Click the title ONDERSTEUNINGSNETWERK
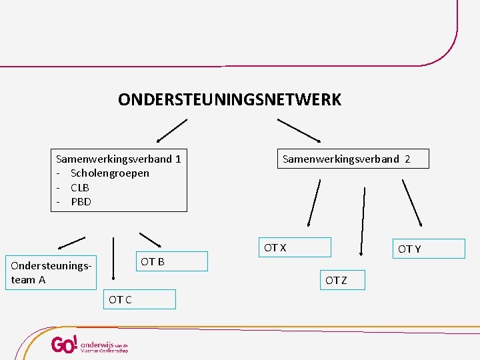tap(229, 100)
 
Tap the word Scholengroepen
tap(109, 173)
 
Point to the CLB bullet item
tap(79, 187)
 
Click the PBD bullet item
tap(81, 201)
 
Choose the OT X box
tap(295, 247)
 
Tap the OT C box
tap(139, 299)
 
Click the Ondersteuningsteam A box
tap(51, 273)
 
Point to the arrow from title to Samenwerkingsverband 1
tap(171, 131)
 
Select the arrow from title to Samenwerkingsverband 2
tap(299, 130)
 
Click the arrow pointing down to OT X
tap(313, 204)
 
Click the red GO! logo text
tap(65, 344)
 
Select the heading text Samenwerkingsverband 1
tap(119, 159)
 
